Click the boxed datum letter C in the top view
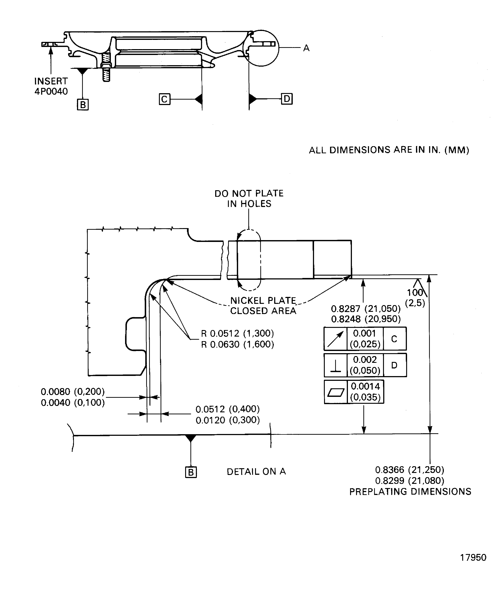point(164,99)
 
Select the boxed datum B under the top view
point(83,105)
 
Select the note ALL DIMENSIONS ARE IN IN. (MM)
point(389,150)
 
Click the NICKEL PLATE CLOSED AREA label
point(263,305)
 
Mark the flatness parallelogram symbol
point(336,392)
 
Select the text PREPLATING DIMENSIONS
point(410,492)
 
